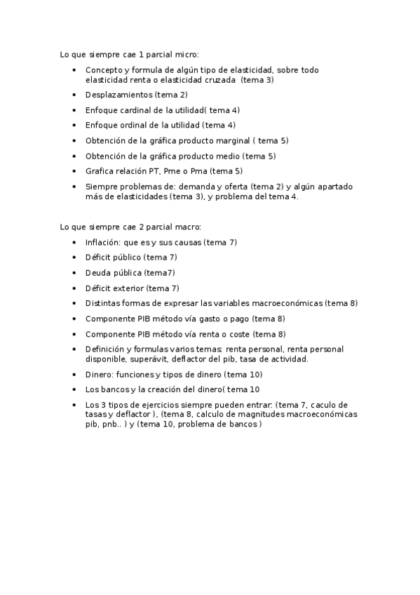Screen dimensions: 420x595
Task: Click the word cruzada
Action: (216, 80)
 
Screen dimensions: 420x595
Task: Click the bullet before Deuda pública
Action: (75, 272)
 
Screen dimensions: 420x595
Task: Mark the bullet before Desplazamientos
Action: (75, 95)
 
